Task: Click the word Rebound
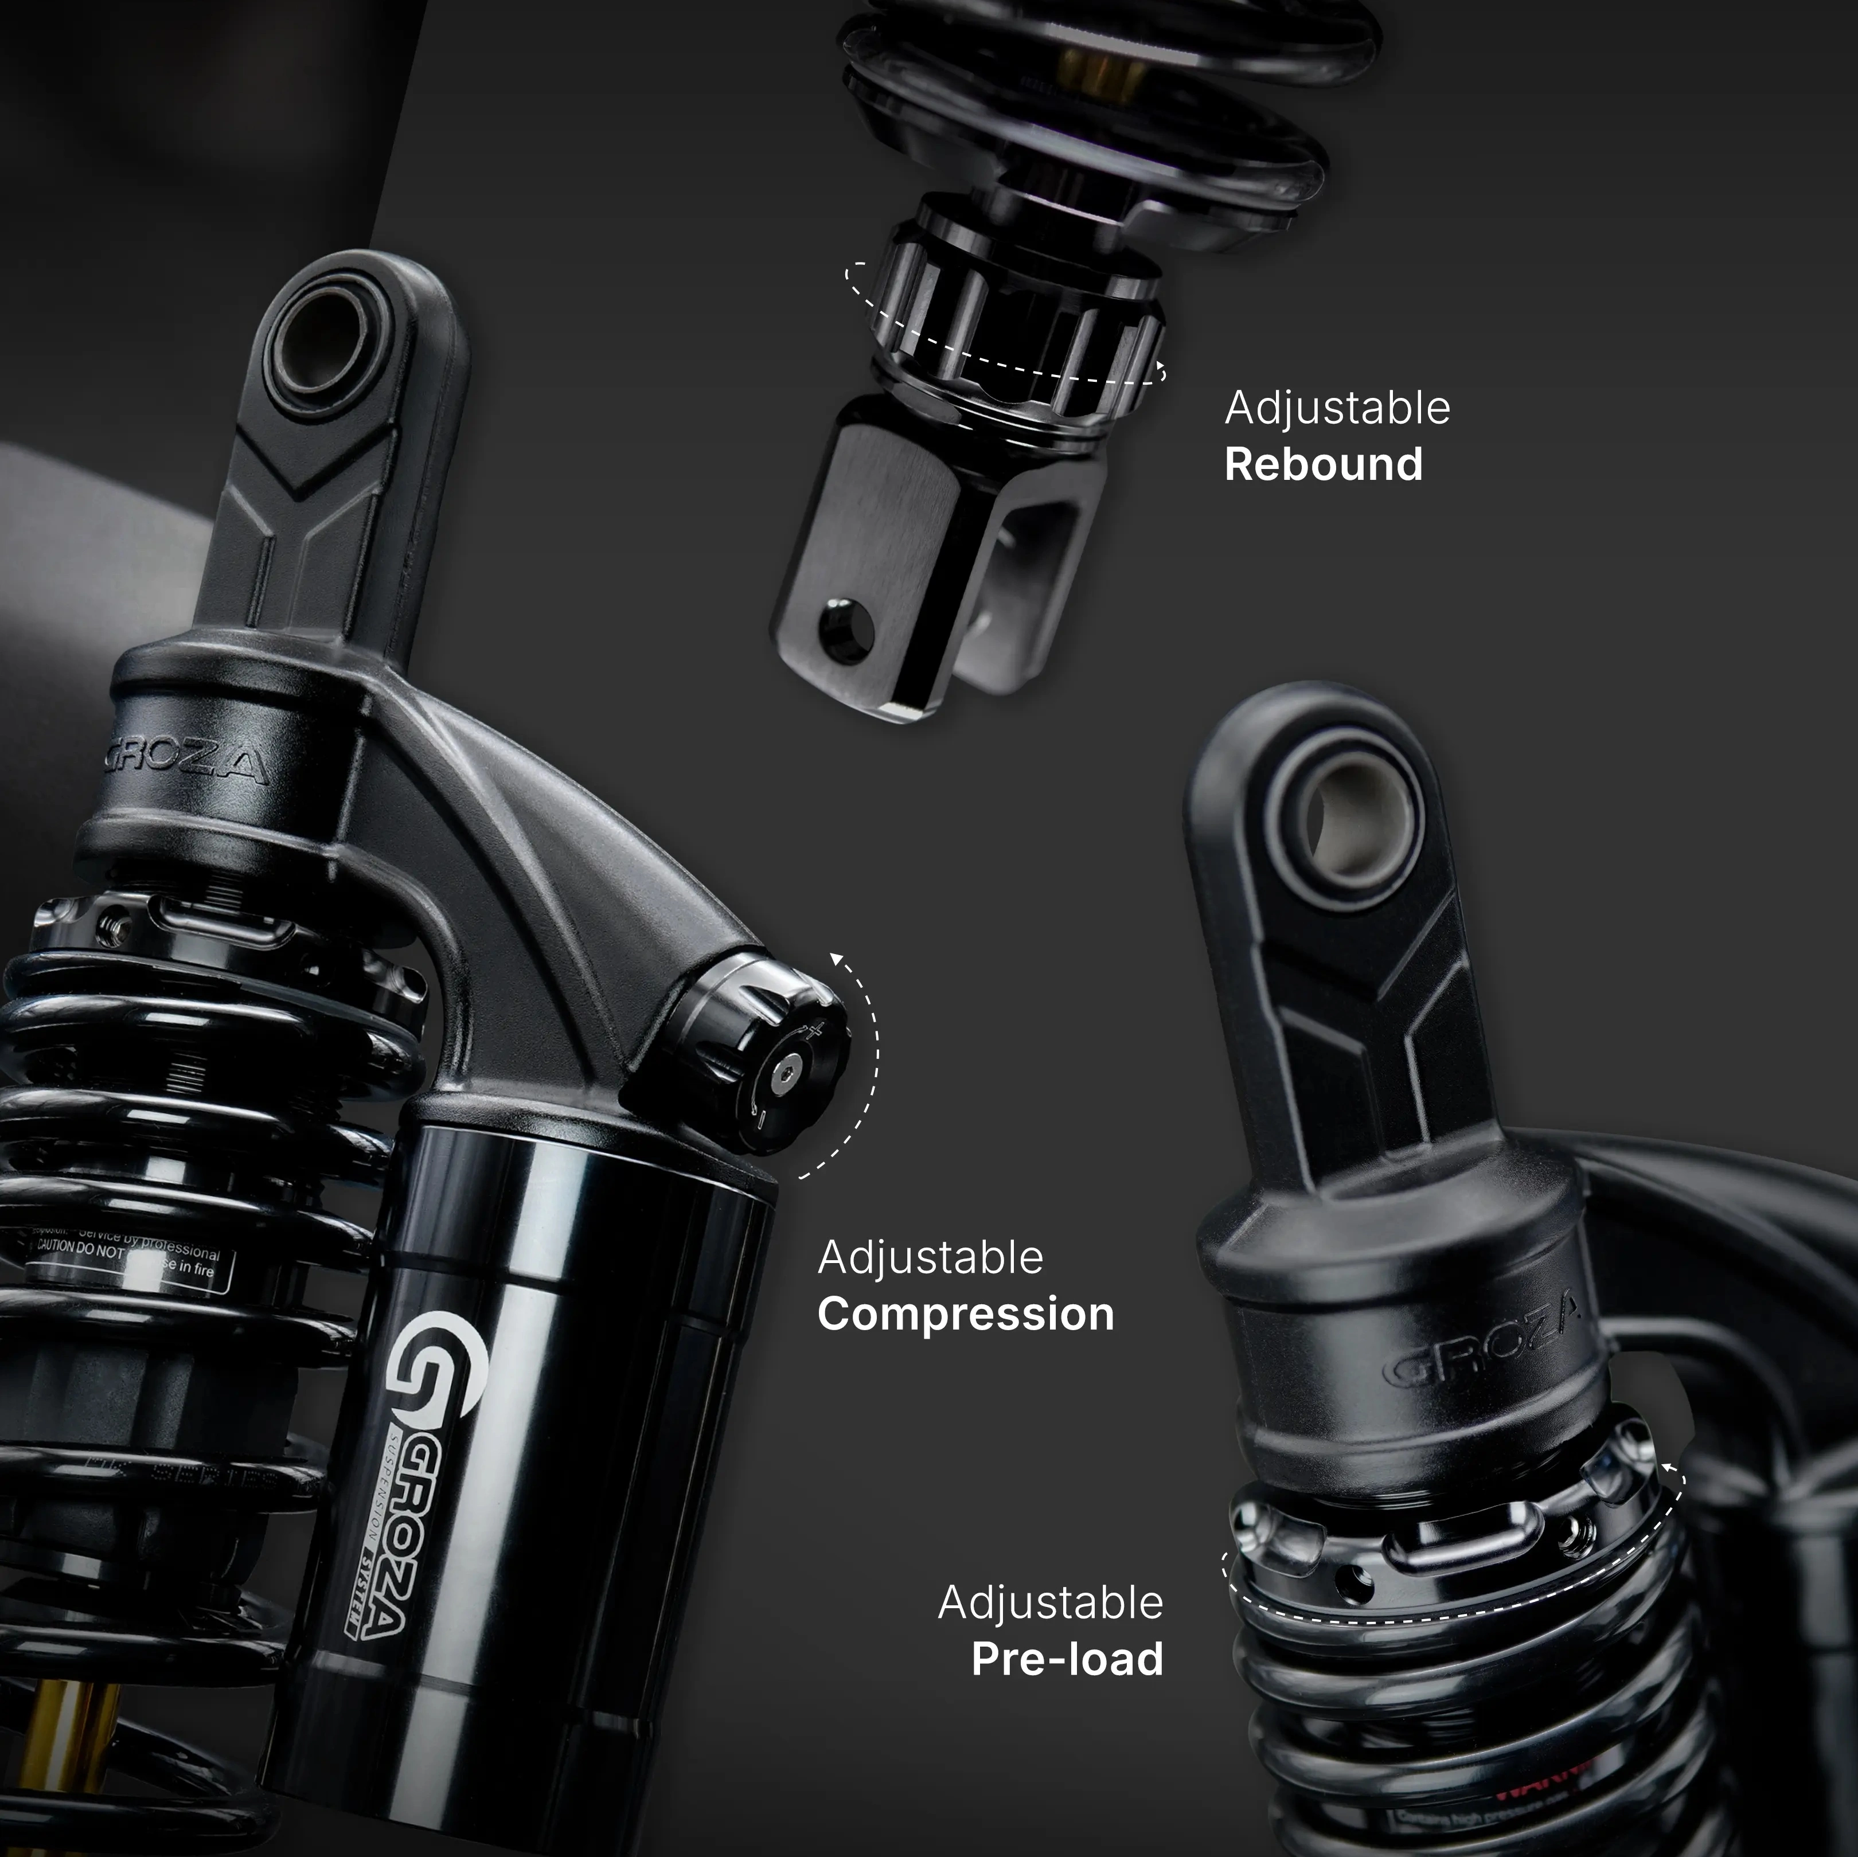pyautogui.click(x=1324, y=464)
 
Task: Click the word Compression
pyautogui.click(x=966, y=1315)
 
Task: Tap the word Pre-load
pyautogui.click(x=1067, y=1659)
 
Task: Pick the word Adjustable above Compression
pyautogui.click(x=930, y=1258)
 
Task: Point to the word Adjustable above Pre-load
pyautogui.click(x=1050, y=1602)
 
